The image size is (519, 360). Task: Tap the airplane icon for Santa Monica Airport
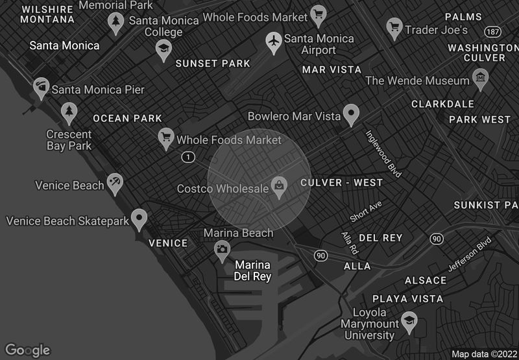[x=274, y=42]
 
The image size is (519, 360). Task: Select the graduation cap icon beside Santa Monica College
[x=163, y=48]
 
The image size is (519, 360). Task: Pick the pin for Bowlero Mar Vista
[x=352, y=114]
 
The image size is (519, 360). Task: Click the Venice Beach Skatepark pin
[x=139, y=219]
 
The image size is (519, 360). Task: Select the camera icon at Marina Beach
[x=222, y=248]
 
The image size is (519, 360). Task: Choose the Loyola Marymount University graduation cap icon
[x=408, y=320]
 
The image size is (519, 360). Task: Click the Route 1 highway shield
[x=188, y=157]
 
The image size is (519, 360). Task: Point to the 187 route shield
[x=492, y=31]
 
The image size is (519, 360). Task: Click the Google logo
[x=28, y=350]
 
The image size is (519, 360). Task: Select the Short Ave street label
[x=366, y=212]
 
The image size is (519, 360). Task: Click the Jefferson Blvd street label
[x=470, y=258]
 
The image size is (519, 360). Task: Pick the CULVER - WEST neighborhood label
[x=341, y=183]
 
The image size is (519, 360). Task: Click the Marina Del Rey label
[x=253, y=270]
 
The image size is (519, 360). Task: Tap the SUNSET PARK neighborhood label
[x=213, y=64]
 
